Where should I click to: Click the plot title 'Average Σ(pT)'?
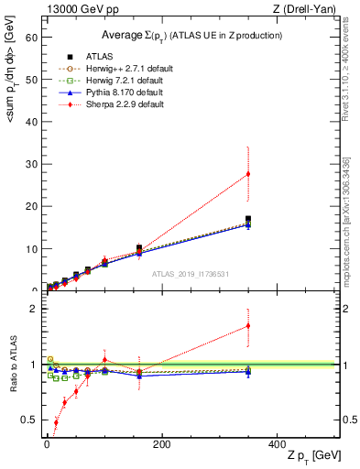coord(191,35)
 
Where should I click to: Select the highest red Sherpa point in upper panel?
coord(247,174)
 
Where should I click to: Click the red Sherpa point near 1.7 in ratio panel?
coord(247,325)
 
